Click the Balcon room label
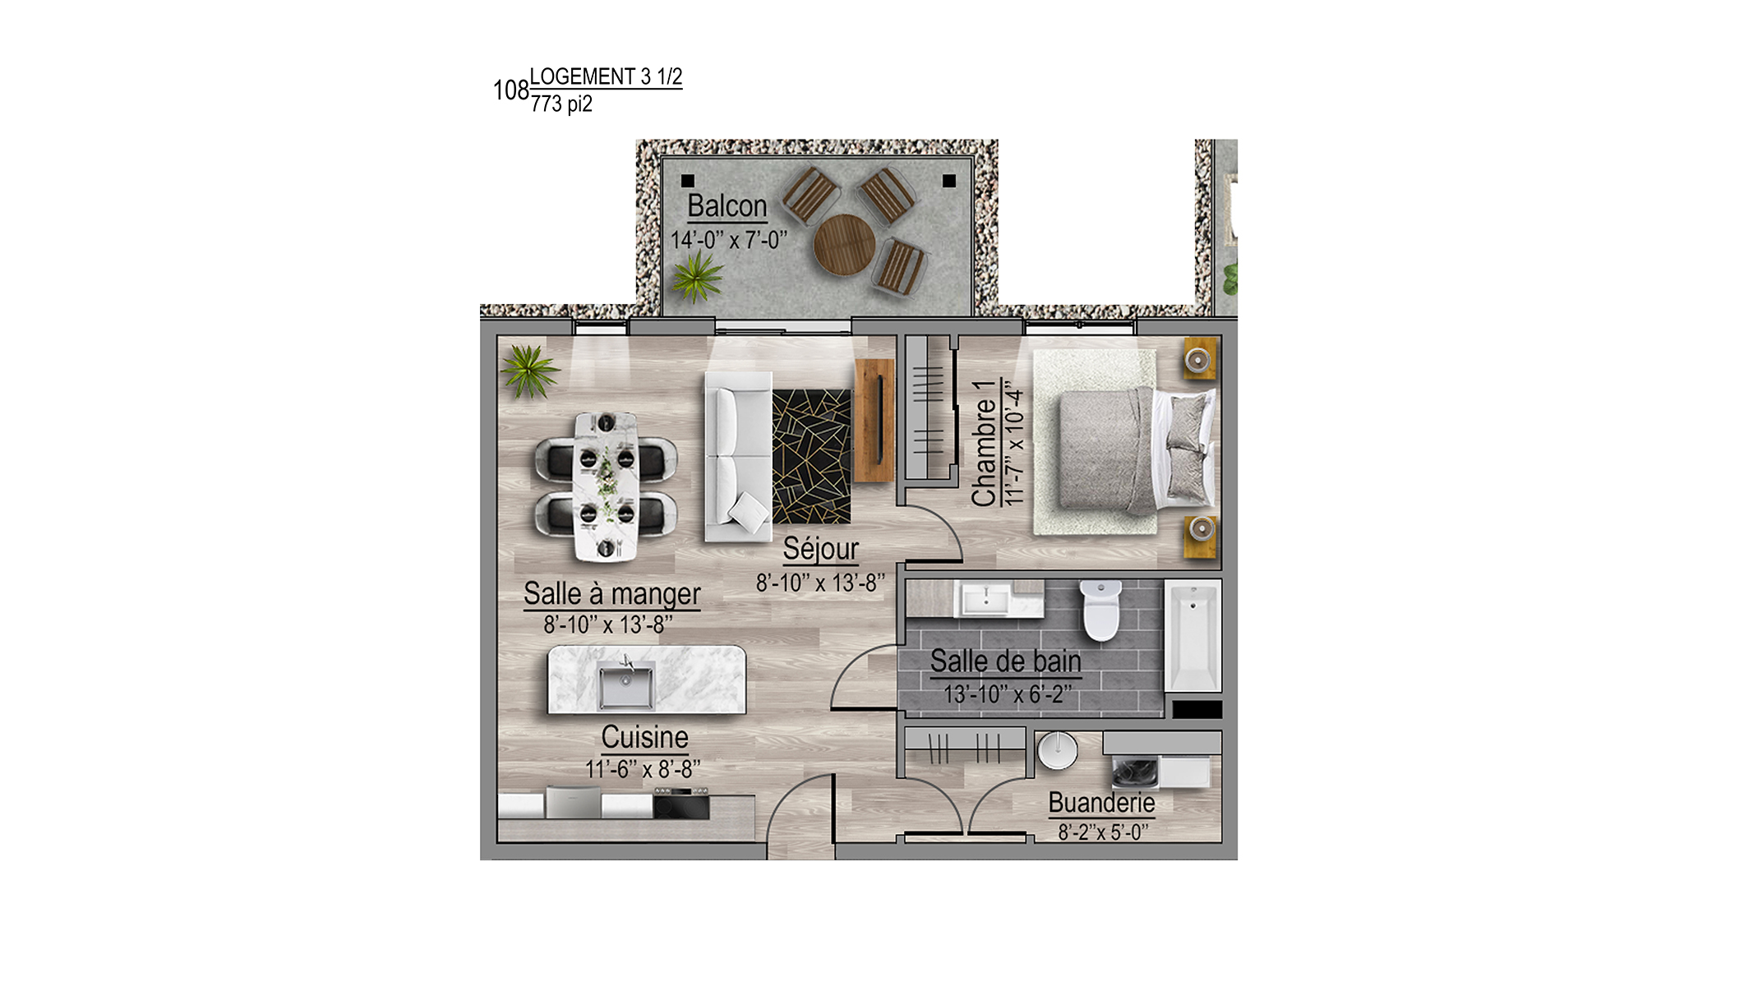pyautogui.click(x=727, y=206)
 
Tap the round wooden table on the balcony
pyautogui.click(x=844, y=245)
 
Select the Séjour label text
pyautogui.click(x=820, y=549)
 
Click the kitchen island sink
pyautogui.click(x=626, y=685)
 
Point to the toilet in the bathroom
pyautogui.click(x=1100, y=610)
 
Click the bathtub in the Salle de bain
pyautogui.click(x=1193, y=636)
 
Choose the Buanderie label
pyautogui.click(x=1101, y=803)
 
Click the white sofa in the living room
pyautogui.click(x=738, y=457)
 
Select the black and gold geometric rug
pyautogui.click(x=811, y=457)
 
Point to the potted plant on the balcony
pyautogui.click(x=697, y=277)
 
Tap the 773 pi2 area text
pyautogui.click(x=561, y=104)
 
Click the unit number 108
pyautogui.click(x=510, y=90)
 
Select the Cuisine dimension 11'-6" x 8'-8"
pyautogui.click(x=643, y=770)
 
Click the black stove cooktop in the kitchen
pyautogui.click(x=681, y=804)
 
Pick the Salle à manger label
pyautogui.click(x=612, y=594)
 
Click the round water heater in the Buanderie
pyautogui.click(x=1057, y=750)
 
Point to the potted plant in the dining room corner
pyautogui.click(x=529, y=371)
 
